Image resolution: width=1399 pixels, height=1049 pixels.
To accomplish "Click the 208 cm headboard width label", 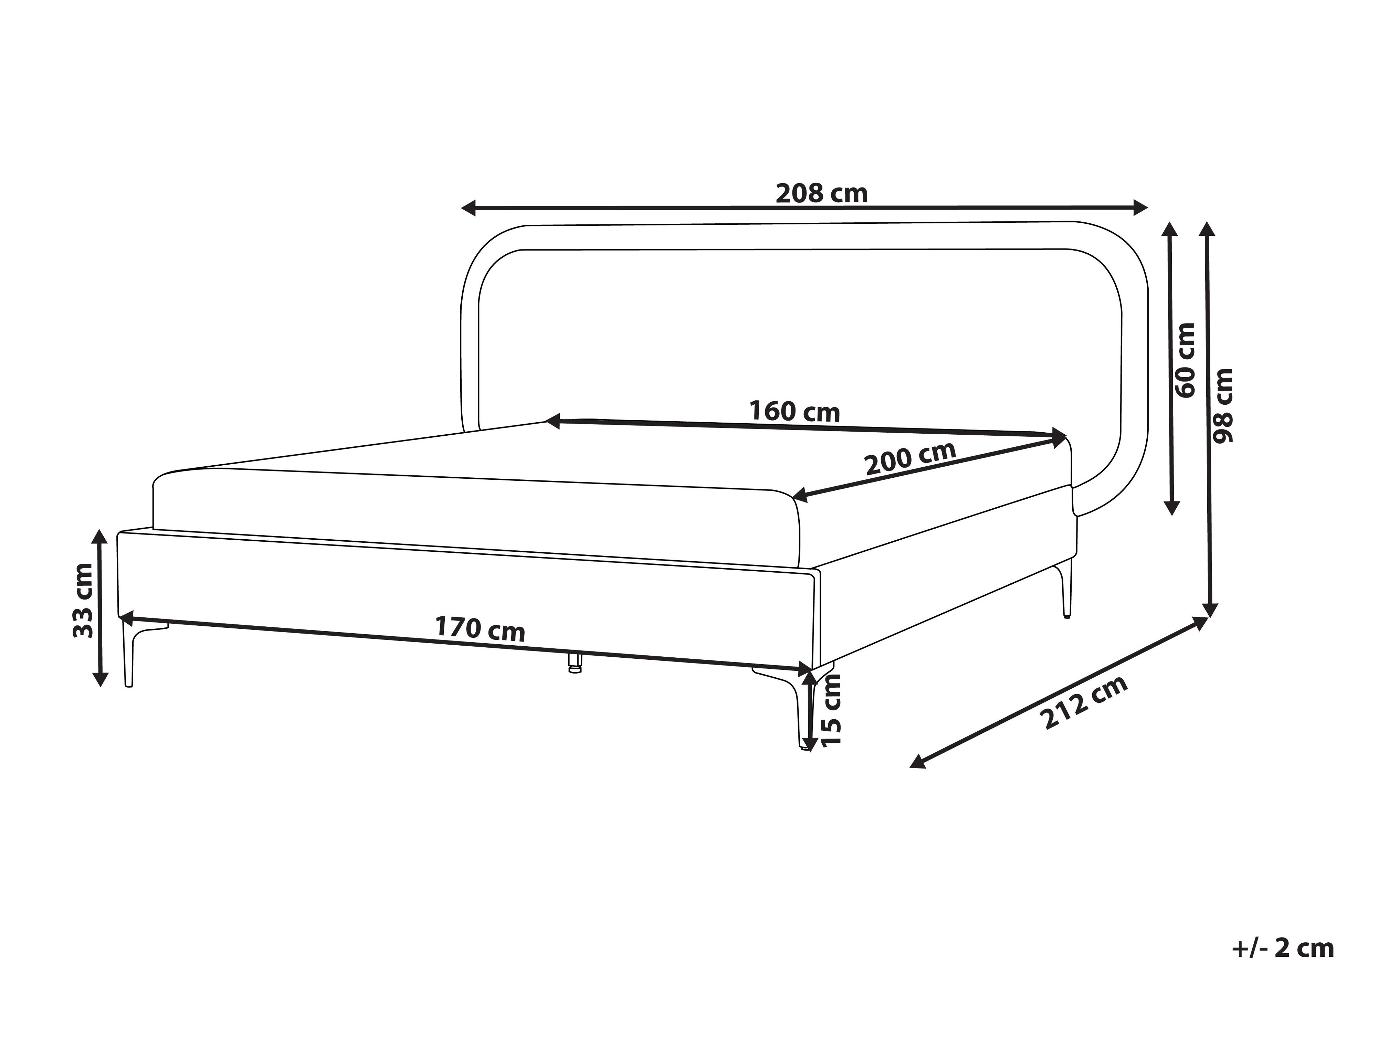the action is click(822, 193).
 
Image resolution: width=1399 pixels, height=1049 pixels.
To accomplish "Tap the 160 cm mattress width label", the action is click(795, 412).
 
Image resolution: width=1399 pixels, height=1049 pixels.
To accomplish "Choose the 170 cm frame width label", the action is click(480, 629).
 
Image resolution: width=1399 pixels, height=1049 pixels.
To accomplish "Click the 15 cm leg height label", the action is click(831, 711).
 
